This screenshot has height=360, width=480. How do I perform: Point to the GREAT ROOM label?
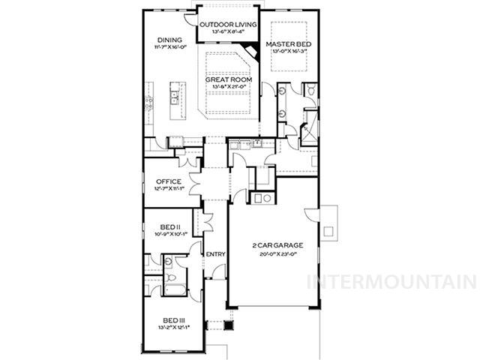click(x=229, y=79)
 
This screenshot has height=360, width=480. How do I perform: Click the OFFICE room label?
click(x=169, y=181)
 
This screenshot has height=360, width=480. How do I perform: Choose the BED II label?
click(x=170, y=226)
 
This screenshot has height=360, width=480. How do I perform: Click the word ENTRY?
click(x=216, y=255)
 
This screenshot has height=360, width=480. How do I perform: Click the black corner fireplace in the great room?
click(x=253, y=51)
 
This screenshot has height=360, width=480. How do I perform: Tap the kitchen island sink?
click(x=173, y=95)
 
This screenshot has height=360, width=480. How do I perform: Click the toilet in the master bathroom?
click(x=310, y=91)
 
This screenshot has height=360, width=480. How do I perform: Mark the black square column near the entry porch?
click(x=230, y=325)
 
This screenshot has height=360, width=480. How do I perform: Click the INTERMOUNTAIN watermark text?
click(x=392, y=282)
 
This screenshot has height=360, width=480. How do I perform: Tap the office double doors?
click(x=196, y=182)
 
